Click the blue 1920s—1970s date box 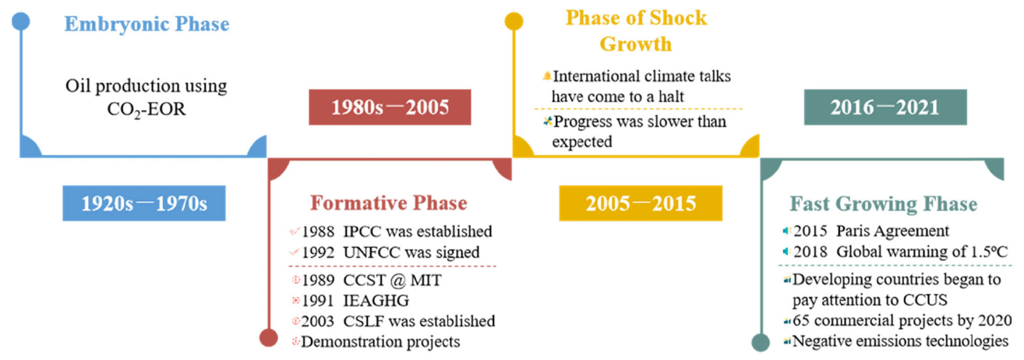pyautogui.click(x=144, y=203)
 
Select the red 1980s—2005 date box pyautogui.click(x=390, y=108)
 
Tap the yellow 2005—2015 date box pyautogui.click(x=641, y=203)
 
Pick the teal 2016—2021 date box pyautogui.click(x=885, y=108)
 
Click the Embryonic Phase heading pyautogui.click(x=147, y=24)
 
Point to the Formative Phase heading pyautogui.click(x=389, y=203)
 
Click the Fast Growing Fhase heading pyautogui.click(x=883, y=203)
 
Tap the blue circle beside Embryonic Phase pyautogui.click(x=20, y=21)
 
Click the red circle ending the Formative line pyautogui.click(x=268, y=338)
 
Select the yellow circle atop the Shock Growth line pyautogui.click(x=514, y=21)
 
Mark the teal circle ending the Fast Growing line pyautogui.click(x=761, y=343)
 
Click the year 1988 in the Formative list pyautogui.click(x=318, y=231)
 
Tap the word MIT pyautogui.click(x=426, y=280)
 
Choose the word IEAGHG pyautogui.click(x=376, y=301)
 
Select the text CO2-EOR pyautogui.click(x=147, y=110)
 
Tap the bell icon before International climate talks pyautogui.click(x=547, y=76)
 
